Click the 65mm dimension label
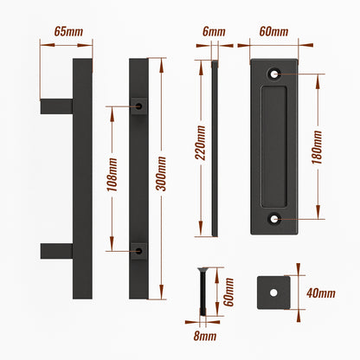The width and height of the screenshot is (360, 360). click(x=68, y=31)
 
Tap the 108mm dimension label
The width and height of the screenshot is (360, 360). click(x=112, y=175)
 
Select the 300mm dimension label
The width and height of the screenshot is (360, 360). click(x=161, y=174)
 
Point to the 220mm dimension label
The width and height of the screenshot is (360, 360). click(x=200, y=143)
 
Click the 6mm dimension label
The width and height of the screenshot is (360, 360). click(x=214, y=31)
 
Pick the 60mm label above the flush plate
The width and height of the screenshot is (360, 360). click(x=273, y=31)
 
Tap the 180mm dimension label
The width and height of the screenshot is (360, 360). click(x=317, y=147)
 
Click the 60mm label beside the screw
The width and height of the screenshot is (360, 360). click(x=228, y=292)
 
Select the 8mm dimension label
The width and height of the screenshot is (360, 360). click(x=205, y=336)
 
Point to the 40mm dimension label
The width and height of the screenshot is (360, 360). click(x=321, y=293)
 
